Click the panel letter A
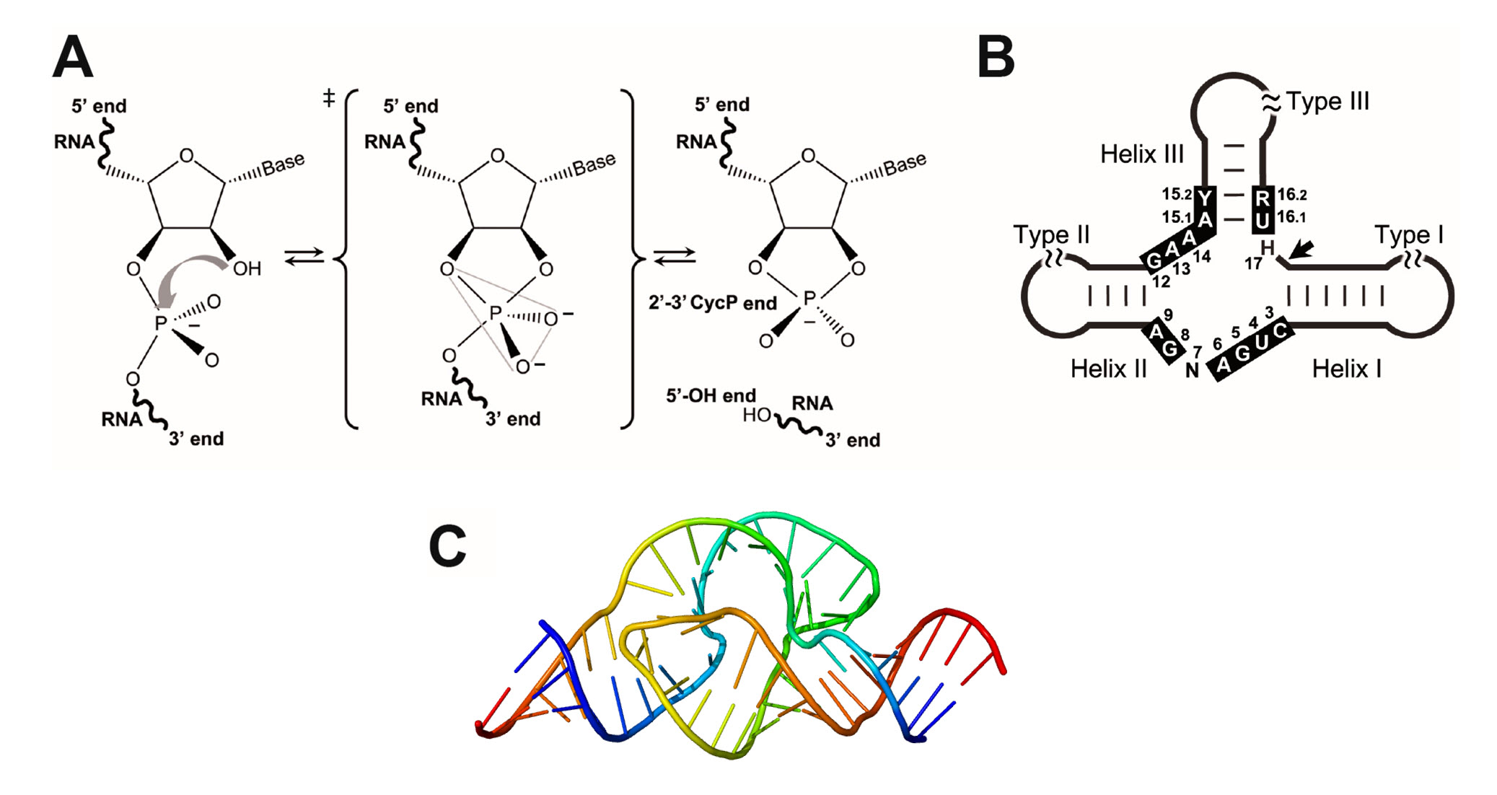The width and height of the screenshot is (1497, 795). (x=73, y=58)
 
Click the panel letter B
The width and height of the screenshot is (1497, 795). (x=996, y=58)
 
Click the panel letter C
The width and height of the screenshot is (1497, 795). (x=447, y=546)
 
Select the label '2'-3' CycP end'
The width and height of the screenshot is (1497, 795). (x=712, y=303)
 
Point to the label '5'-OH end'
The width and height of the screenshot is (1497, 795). (x=711, y=395)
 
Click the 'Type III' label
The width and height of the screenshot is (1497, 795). (x=1327, y=102)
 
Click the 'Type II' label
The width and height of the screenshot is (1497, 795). (x=1051, y=234)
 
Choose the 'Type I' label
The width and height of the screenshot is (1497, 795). (x=1408, y=234)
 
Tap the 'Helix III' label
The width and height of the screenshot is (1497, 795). (x=1142, y=154)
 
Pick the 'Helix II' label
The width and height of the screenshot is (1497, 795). (x=1108, y=369)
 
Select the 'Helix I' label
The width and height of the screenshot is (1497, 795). (x=1346, y=369)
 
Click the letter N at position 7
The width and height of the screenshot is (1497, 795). (x=1192, y=370)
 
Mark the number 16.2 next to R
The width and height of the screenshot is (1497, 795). (x=1292, y=195)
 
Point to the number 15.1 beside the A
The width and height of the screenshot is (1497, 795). (x=1176, y=216)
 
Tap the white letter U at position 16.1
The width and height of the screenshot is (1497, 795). (x=1262, y=220)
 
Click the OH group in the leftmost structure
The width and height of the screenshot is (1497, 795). (x=247, y=269)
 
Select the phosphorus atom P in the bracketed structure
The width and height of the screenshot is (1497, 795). (x=495, y=313)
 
